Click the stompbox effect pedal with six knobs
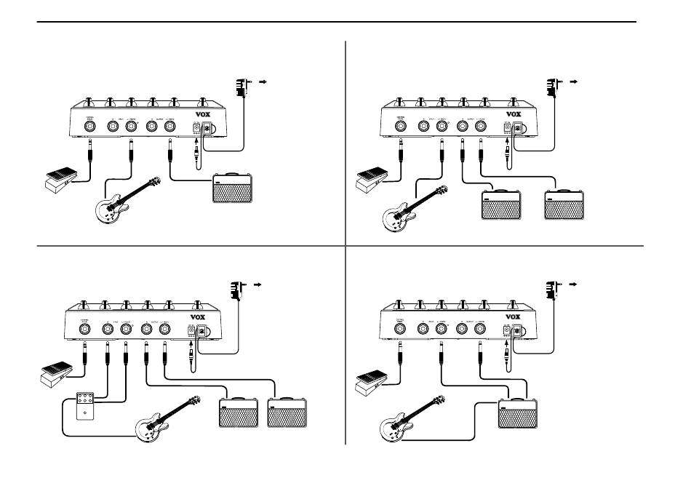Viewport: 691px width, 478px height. coord(82,407)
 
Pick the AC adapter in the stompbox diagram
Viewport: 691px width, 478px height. coord(237,289)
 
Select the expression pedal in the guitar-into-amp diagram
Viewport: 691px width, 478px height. coord(375,381)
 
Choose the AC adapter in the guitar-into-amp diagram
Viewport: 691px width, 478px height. coord(554,289)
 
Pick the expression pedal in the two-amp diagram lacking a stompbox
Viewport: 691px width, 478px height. coord(375,179)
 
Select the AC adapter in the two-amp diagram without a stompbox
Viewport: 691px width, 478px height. coord(554,87)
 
